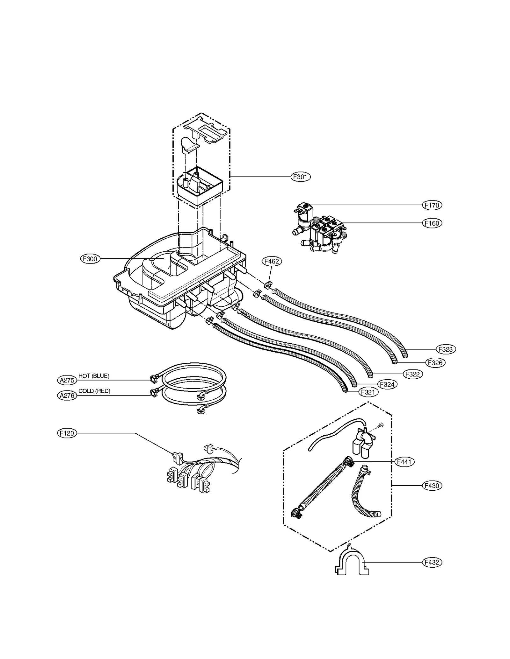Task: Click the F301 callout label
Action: [x=300, y=177]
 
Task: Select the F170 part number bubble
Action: [x=432, y=205]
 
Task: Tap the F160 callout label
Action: [x=432, y=223]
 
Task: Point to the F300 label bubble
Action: [x=90, y=259]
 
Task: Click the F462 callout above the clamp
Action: [x=272, y=261]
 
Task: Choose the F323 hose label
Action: [x=445, y=349]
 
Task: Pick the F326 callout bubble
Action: [x=435, y=362]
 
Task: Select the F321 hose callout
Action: [x=368, y=392]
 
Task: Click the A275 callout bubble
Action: [x=67, y=380]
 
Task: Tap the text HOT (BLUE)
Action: [x=94, y=376]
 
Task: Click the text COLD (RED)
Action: [x=94, y=391]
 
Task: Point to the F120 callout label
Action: [x=67, y=433]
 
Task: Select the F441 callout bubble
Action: [x=404, y=461]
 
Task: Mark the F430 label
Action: [x=432, y=486]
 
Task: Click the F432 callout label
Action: [x=432, y=562]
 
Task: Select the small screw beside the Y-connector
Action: [x=380, y=426]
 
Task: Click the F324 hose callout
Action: [x=387, y=384]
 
